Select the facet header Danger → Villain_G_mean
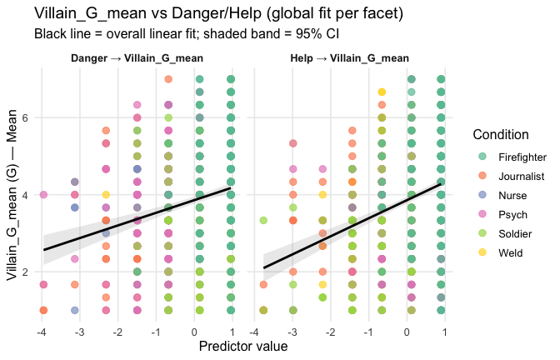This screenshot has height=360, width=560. point(137,58)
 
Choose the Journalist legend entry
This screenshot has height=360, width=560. point(522,176)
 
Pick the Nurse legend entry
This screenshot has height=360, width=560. point(513,195)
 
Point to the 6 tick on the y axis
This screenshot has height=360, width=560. point(27,118)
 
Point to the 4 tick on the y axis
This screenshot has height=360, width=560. point(27,195)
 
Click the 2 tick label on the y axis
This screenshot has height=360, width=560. point(27,272)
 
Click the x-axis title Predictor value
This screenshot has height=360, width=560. point(242,346)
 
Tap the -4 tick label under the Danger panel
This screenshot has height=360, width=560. point(42,329)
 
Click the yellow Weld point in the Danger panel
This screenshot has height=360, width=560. point(106,195)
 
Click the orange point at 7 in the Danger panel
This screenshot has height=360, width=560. point(168,79)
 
